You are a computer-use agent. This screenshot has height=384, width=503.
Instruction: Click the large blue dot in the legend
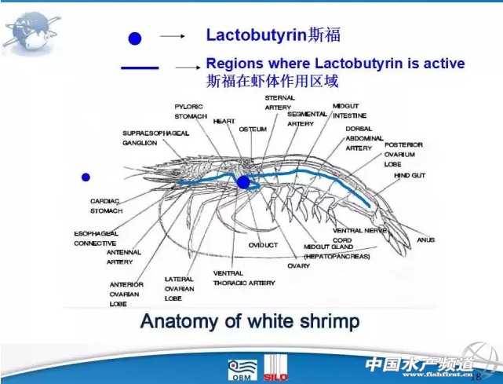136,37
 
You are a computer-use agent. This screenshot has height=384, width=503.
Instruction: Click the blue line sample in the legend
140,69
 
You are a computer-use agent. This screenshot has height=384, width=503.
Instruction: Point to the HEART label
224,122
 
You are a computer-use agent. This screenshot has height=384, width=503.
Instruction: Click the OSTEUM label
253,128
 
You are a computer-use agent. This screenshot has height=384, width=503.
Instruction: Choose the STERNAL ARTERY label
279,103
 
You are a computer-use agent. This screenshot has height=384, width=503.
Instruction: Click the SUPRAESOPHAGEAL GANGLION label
156,138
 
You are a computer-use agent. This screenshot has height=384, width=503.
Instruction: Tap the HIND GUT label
409,175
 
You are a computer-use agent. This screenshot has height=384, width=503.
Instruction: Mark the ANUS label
425,240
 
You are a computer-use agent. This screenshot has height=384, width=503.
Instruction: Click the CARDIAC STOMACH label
106,206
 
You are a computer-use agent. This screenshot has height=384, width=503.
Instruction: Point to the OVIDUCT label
263,245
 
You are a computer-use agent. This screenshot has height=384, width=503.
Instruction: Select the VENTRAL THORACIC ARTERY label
244,278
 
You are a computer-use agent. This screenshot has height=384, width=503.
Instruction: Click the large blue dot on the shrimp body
243,182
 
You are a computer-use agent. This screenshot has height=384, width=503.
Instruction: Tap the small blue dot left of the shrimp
86,177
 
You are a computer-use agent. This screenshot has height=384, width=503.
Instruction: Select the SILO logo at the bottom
275,367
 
